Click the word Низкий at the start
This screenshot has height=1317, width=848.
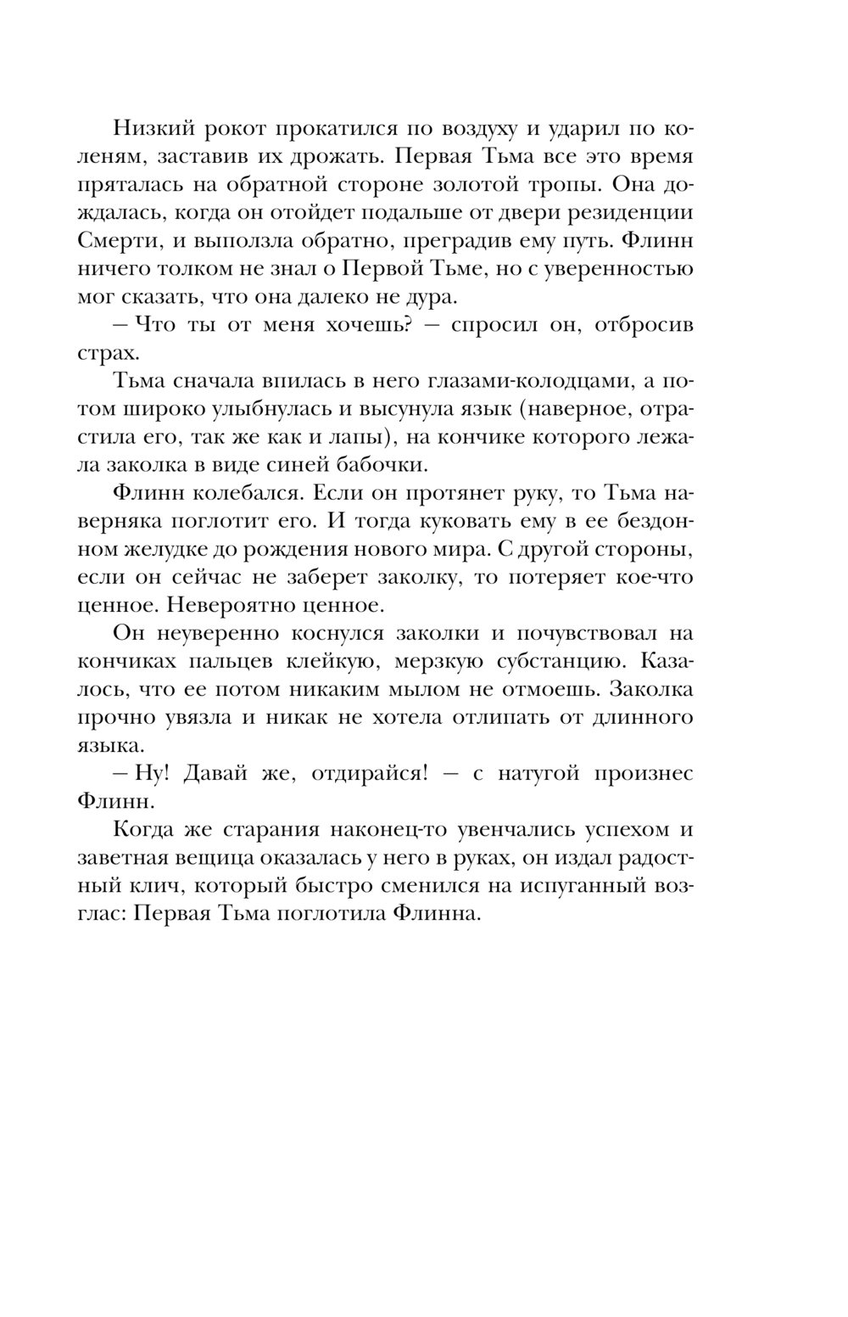coord(153,129)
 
